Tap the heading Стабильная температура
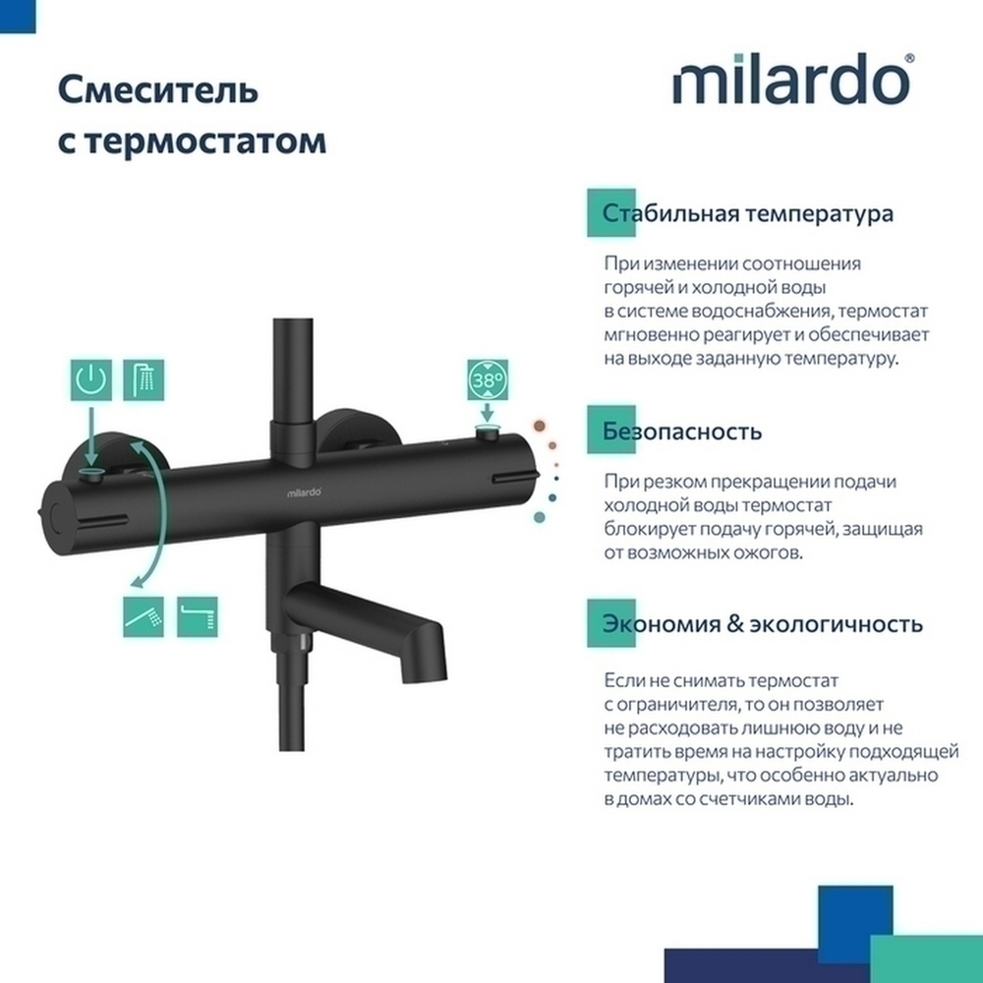tap(748, 213)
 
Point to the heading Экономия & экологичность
tap(762, 624)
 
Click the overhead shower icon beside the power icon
tap(144, 380)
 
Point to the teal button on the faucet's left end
tap(91, 476)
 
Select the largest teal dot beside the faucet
tap(540, 516)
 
